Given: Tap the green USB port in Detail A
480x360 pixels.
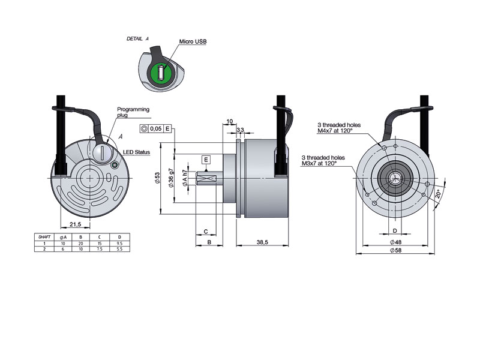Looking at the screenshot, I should [161, 73].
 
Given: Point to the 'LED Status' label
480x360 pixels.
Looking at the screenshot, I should [136, 152].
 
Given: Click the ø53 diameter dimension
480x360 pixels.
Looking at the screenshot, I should [158, 178].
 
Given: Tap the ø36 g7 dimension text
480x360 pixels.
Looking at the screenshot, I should [172, 178].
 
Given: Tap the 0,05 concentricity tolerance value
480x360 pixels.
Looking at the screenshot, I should [155, 128].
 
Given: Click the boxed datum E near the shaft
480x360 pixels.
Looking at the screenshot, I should [206, 160].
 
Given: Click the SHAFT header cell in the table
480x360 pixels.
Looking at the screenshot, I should [44, 238].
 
